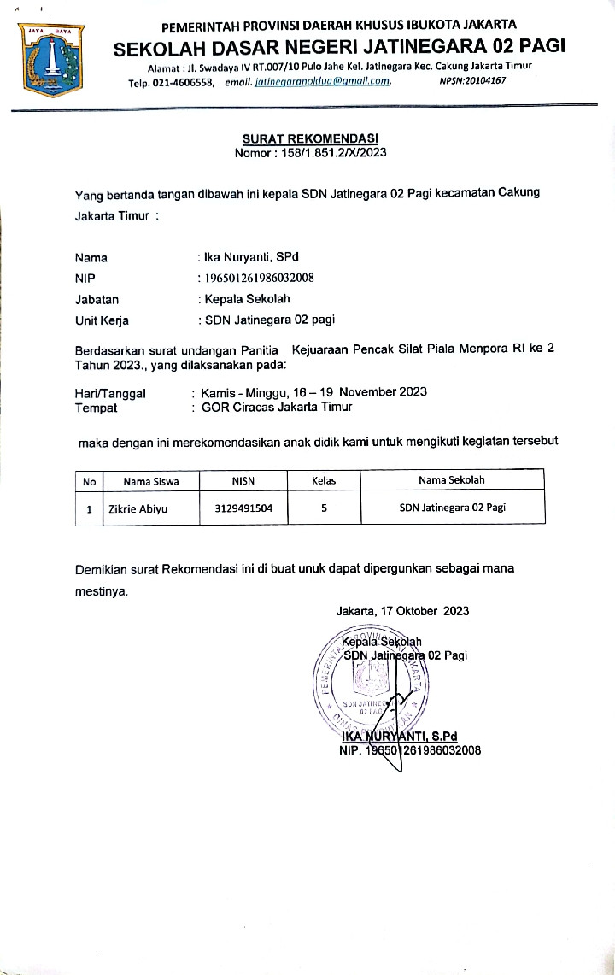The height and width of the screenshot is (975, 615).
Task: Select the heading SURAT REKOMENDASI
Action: point(310,138)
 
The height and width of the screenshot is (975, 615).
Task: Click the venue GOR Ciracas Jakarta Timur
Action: point(277,407)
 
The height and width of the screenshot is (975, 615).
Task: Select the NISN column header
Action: point(243,480)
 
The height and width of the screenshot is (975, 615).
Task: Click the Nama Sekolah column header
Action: point(452,480)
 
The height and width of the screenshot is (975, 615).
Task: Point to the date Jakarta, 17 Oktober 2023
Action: point(402,611)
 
